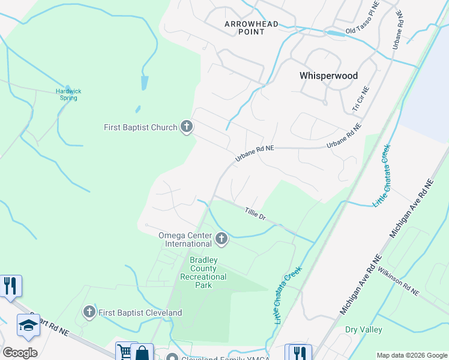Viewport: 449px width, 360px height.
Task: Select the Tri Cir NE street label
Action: click(361, 99)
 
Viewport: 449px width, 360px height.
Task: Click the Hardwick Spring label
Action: click(68, 94)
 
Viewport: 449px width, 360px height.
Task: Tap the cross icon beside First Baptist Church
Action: click(187, 127)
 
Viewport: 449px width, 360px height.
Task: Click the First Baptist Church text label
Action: click(140, 127)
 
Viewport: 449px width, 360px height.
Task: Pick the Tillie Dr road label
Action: click(256, 213)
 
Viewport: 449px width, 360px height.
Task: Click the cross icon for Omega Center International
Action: click(221, 239)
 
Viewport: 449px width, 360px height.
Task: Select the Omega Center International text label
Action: click(184, 239)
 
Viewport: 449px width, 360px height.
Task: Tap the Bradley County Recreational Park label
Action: click(204, 272)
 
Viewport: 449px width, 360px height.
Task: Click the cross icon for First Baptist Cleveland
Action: click(89, 311)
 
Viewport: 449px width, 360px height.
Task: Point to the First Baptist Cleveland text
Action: click(140, 313)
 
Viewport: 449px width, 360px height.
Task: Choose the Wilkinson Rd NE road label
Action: click(399, 282)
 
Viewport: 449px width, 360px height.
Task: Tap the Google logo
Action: click(20, 352)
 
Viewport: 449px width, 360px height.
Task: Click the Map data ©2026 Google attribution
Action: click(411, 355)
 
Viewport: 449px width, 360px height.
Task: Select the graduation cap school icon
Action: click(28, 325)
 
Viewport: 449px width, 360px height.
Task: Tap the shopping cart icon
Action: click(124, 352)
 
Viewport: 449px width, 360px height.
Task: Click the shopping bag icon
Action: click(143, 352)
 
